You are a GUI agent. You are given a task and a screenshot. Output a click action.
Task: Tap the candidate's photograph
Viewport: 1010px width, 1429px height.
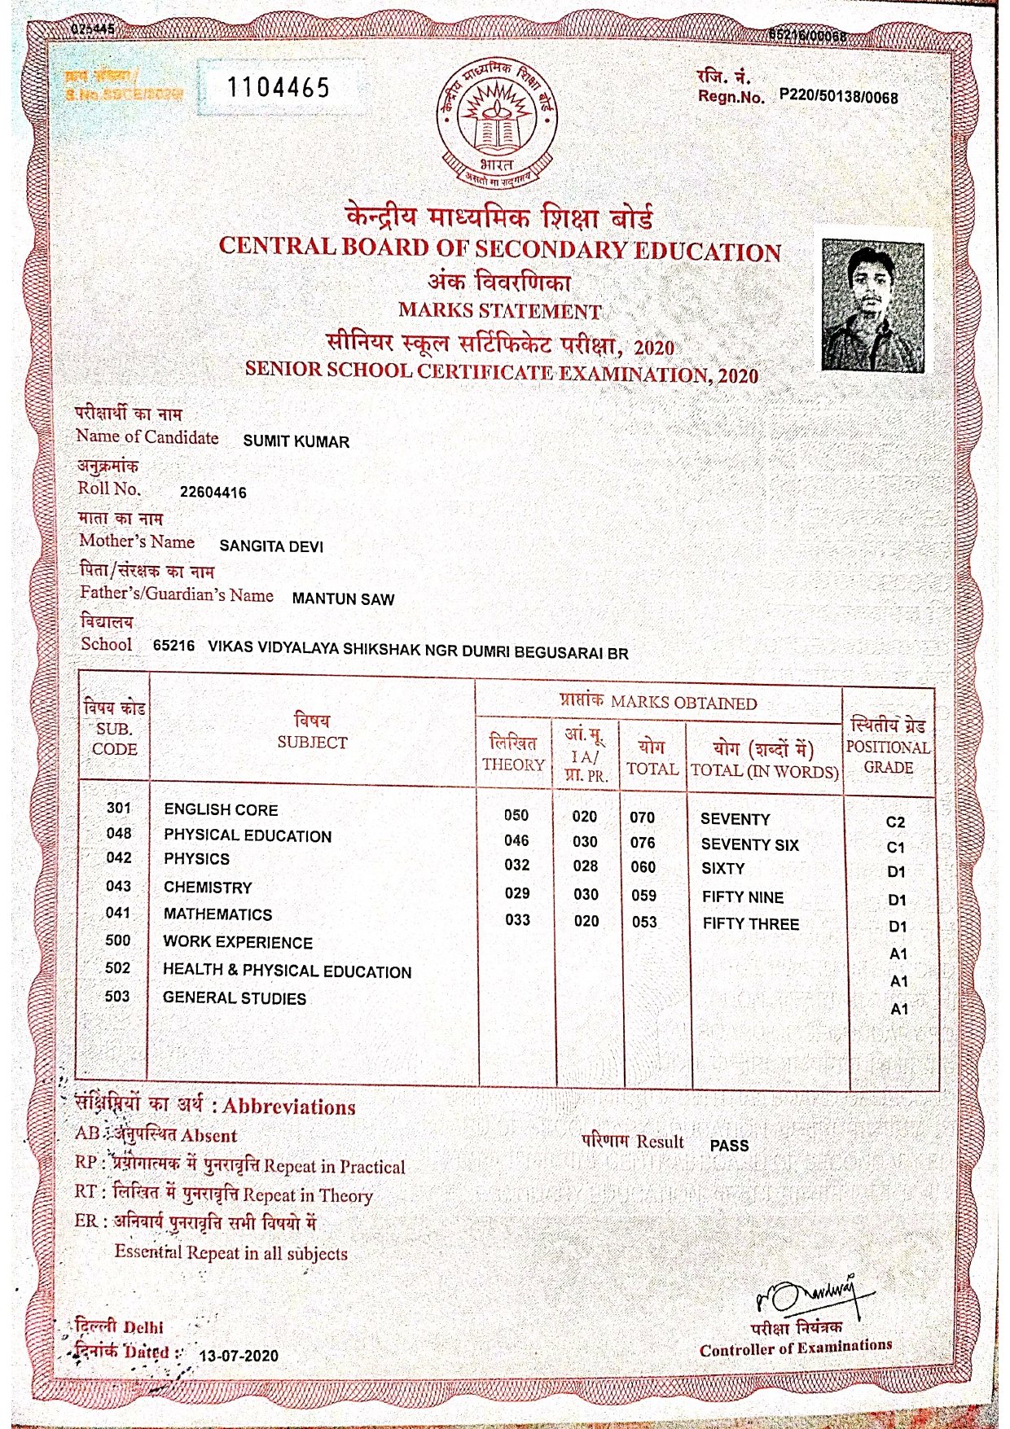(872, 305)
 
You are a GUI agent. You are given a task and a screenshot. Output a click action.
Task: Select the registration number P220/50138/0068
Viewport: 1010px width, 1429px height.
(838, 98)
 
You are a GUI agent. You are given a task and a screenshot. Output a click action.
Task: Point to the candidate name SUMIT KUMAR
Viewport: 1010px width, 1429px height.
(296, 442)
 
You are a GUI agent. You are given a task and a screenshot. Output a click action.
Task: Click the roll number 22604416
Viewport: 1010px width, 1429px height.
(213, 493)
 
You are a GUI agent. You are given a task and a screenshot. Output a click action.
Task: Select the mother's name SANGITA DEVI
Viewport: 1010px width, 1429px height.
(271, 546)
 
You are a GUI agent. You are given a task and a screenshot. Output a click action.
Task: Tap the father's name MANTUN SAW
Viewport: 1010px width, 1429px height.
(343, 599)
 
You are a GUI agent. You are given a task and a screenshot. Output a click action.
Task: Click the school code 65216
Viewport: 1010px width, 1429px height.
(173, 647)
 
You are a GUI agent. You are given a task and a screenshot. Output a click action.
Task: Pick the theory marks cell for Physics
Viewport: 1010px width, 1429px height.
(516, 865)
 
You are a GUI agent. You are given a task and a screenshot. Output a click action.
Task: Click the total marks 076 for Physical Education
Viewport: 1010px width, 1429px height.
(643, 843)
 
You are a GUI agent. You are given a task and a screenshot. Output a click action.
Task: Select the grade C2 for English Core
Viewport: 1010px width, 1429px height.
(895, 822)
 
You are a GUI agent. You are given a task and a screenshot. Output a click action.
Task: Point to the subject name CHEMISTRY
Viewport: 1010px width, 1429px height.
(208, 888)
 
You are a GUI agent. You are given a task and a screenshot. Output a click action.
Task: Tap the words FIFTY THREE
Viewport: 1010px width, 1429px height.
(750, 924)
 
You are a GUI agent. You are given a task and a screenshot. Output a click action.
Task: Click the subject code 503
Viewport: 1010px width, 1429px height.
(117, 997)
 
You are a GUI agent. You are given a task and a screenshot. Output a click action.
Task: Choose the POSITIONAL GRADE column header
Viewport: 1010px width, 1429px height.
(888, 746)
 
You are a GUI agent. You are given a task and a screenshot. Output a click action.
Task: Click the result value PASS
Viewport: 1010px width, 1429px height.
(729, 1146)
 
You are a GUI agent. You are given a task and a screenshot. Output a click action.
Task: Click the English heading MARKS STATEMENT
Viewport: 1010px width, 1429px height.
(499, 312)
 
